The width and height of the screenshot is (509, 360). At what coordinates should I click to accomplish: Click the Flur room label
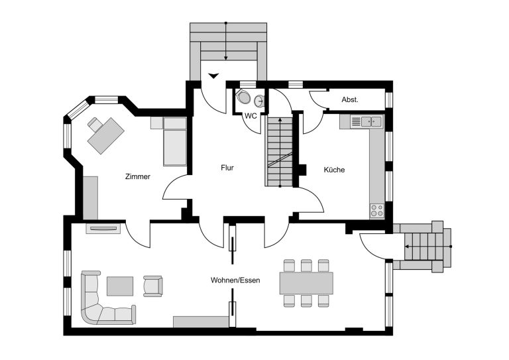(x=227, y=168)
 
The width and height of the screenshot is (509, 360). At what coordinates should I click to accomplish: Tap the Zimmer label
(x=138, y=176)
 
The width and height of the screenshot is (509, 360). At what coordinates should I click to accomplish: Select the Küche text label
(x=334, y=170)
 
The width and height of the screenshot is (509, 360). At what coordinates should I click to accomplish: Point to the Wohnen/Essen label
(x=235, y=280)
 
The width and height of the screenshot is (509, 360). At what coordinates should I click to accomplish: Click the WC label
(x=251, y=116)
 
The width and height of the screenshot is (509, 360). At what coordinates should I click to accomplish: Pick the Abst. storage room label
(x=350, y=99)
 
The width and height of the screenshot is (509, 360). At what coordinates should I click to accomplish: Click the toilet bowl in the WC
(x=243, y=96)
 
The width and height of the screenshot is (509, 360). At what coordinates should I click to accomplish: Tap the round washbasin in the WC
(x=259, y=101)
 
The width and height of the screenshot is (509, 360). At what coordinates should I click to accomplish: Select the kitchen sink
(x=371, y=121)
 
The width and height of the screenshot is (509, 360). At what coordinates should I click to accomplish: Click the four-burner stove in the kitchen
(x=377, y=210)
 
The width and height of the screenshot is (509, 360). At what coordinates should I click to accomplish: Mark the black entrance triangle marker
(x=213, y=76)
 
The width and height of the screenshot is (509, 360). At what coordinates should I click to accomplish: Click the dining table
(x=306, y=283)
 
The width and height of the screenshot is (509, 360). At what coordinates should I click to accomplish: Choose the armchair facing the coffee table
(x=153, y=286)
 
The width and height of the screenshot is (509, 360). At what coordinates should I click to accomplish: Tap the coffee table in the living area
(x=120, y=286)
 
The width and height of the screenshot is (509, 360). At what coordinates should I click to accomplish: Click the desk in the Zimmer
(x=106, y=135)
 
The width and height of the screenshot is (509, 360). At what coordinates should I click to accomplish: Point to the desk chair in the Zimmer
(x=95, y=125)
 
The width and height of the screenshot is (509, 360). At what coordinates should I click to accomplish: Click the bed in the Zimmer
(x=175, y=141)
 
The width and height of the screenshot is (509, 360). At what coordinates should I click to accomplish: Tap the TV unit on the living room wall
(x=103, y=229)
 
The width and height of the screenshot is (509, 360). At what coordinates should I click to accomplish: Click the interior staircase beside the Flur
(x=280, y=151)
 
